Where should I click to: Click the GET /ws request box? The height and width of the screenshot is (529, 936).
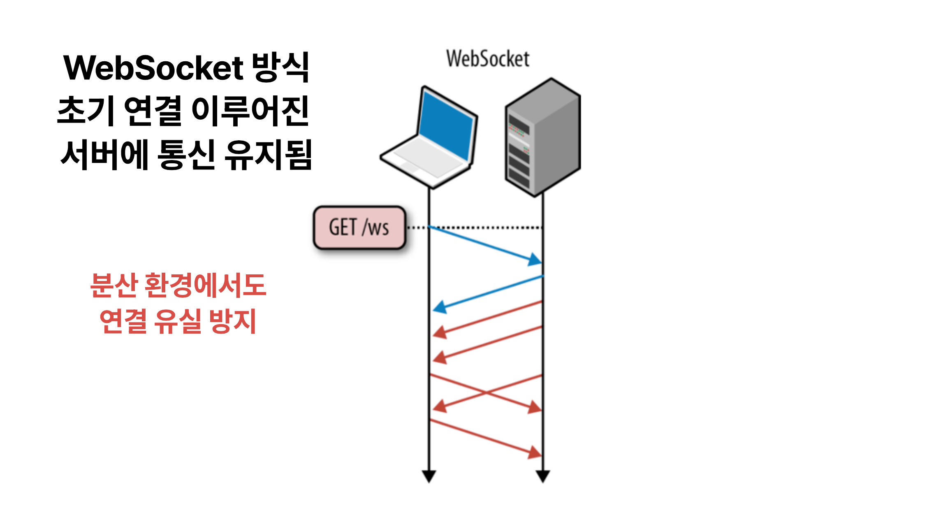coord(359,227)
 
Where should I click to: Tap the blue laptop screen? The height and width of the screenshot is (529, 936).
coord(447,126)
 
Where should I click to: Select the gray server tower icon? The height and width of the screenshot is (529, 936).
coord(543,137)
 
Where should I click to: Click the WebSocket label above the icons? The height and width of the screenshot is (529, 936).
coord(488,59)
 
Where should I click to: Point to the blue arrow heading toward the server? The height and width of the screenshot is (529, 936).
coord(485,244)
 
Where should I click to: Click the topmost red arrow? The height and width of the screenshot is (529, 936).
coord(488,319)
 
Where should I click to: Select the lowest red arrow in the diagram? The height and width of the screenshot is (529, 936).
coord(485,438)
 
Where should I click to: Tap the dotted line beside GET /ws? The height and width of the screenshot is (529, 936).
coord(485,227)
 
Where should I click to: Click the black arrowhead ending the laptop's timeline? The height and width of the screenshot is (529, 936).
coord(429,476)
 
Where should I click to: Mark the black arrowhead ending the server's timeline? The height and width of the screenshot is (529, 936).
coord(543,476)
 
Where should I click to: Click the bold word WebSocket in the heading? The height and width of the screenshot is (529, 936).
coord(153,68)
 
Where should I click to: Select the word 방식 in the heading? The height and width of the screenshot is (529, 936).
coord(280,68)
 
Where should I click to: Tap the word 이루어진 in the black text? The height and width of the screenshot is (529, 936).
coord(250,111)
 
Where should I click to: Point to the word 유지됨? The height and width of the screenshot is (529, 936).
coord(268,155)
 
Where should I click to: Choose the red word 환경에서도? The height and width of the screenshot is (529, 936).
coord(205,285)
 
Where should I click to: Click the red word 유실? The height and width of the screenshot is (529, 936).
coord(178,321)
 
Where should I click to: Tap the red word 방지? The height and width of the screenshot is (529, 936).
coord(233,321)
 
